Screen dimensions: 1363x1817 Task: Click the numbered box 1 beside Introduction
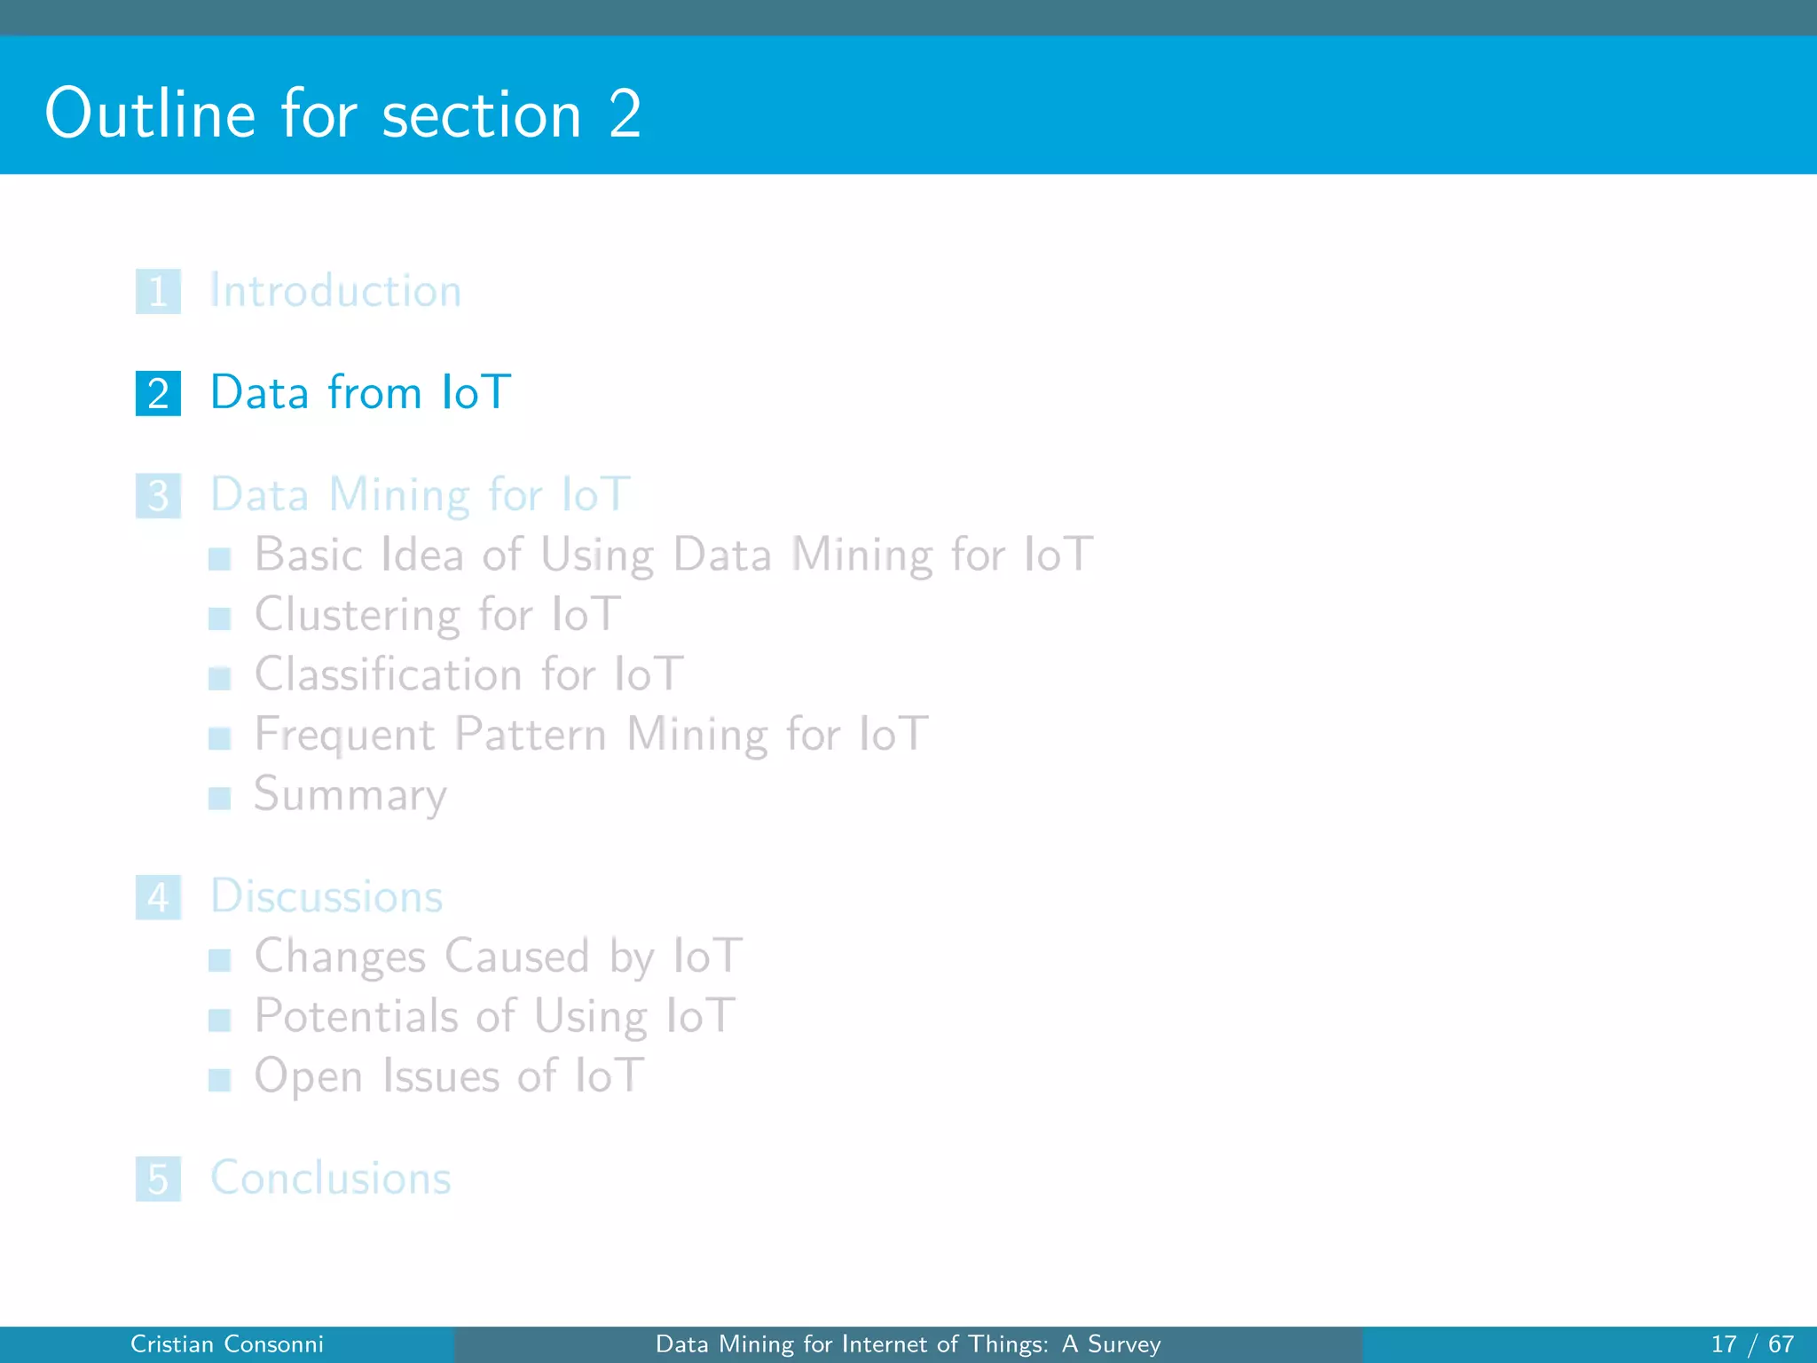point(158,291)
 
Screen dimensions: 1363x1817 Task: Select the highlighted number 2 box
point(158,393)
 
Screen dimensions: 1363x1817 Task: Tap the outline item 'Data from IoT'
point(360,392)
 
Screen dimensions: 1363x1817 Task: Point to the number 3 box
point(158,495)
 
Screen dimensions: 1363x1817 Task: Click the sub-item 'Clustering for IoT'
point(437,614)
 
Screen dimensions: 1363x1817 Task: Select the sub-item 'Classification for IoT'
point(468,674)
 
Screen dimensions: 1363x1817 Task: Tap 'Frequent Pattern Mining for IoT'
point(591,734)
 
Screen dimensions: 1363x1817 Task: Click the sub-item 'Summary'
point(350,794)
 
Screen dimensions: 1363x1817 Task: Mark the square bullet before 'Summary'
point(219,798)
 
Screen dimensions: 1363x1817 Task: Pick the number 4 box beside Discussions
point(158,897)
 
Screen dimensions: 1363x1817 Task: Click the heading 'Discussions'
point(326,896)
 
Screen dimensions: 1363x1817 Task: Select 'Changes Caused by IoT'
point(498,956)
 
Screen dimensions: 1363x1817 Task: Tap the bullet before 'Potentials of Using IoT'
point(219,1020)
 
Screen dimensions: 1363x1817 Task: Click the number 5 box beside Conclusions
point(158,1178)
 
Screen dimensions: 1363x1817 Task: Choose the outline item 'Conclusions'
point(330,1178)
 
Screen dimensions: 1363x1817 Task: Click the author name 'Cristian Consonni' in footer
point(227,1344)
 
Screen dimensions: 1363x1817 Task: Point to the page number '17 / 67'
point(1752,1344)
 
